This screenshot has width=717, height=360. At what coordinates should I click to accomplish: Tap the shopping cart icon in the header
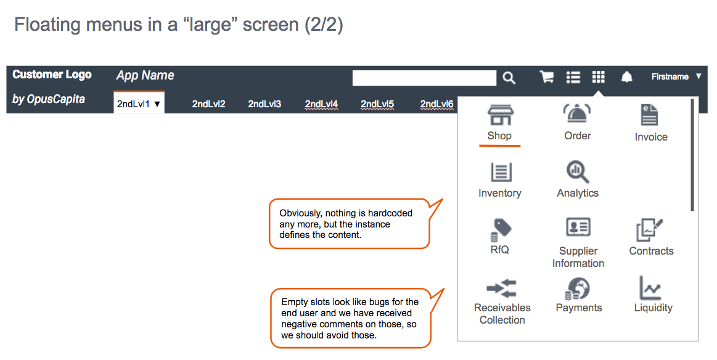pyautogui.click(x=546, y=77)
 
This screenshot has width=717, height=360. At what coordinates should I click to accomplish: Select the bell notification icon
pyautogui.click(x=626, y=77)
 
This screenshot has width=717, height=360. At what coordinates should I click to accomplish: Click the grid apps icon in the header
pyautogui.click(x=598, y=77)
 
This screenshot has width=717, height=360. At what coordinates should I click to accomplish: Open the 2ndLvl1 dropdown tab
pyautogui.click(x=139, y=104)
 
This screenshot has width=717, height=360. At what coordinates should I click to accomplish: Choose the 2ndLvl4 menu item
pyautogui.click(x=321, y=104)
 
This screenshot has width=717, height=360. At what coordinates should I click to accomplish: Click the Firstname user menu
pyautogui.click(x=676, y=76)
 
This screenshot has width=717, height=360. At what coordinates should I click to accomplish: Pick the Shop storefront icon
pyautogui.click(x=500, y=115)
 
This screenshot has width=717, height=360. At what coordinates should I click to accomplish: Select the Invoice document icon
pyautogui.click(x=649, y=115)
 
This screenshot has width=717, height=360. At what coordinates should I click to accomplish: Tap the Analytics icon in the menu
pyautogui.click(x=578, y=172)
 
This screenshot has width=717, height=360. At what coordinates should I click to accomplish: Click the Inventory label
pyautogui.click(x=500, y=193)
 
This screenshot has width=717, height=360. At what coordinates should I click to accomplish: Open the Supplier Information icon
pyautogui.click(x=578, y=227)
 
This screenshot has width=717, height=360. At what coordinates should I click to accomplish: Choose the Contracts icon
pyautogui.click(x=649, y=230)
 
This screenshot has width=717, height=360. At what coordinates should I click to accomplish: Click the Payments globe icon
pyautogui.click(x=578, y=288)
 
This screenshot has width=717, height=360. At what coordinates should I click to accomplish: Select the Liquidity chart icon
pyautogui.click(x=650, y=288)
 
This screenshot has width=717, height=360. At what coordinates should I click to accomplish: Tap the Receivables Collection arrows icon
pyautogui.click(x=502, y=288)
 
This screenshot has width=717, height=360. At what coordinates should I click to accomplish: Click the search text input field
pyautogui.click(x=424, y=78)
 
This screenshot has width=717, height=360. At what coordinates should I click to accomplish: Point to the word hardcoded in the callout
pyautogui.click(x=390, y=213)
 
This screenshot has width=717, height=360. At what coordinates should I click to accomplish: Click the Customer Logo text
pyautogui.click(x=52, y=75)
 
